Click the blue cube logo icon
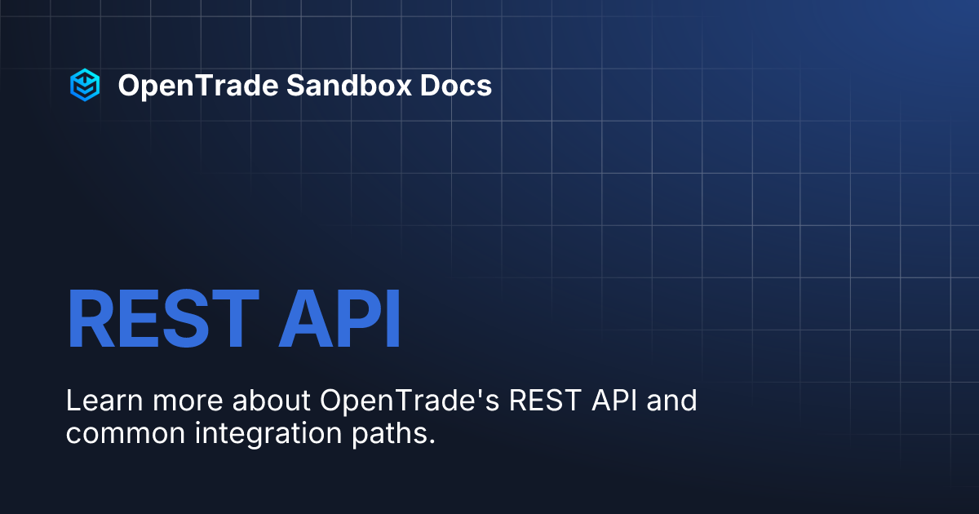[84, 85]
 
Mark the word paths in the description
[397, 433]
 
